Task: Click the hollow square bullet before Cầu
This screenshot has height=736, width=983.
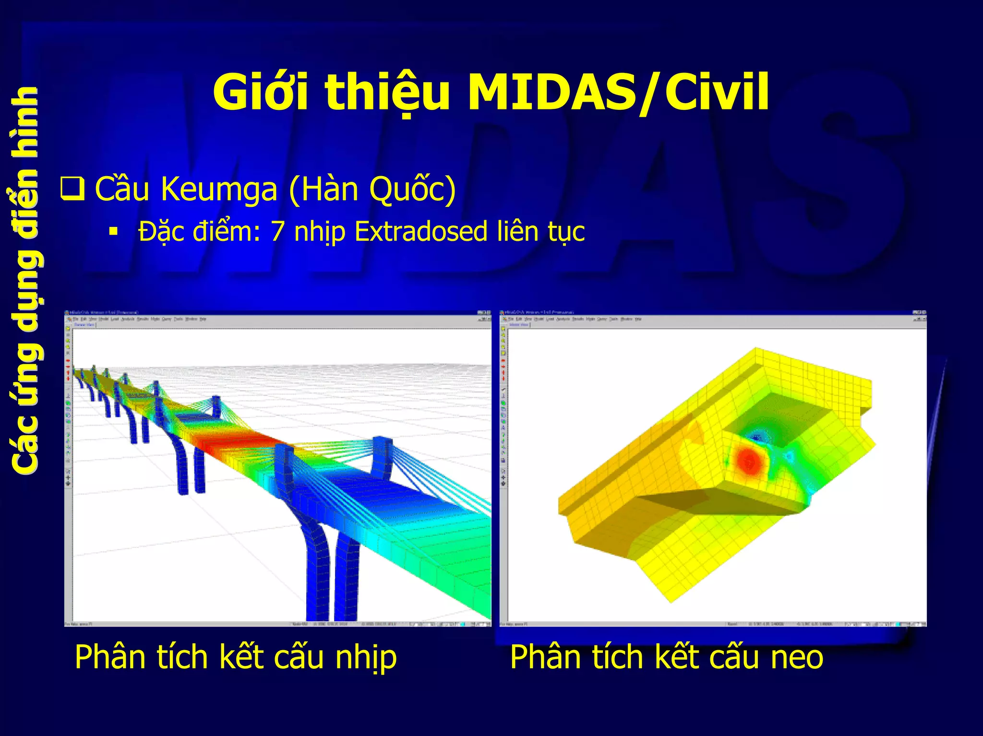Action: click(x=72, y=189)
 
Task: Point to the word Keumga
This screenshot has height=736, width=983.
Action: click(x=219, y=189)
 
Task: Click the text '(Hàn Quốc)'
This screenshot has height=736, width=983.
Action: click(x=372, y=189)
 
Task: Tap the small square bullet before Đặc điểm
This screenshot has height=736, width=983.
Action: click(x=113, y=232)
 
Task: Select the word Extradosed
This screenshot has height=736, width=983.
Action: click(x=421, y=231)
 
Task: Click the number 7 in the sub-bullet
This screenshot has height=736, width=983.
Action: click(x=278, y=231)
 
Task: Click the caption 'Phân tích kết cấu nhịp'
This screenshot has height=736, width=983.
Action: click(x=236, y=657)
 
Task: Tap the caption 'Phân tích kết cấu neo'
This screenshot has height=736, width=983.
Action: click(x=666, y=657)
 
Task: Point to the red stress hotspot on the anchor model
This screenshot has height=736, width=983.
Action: click(x=748, y=461)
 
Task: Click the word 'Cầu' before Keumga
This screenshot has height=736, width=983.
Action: click(x=122, y=188)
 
